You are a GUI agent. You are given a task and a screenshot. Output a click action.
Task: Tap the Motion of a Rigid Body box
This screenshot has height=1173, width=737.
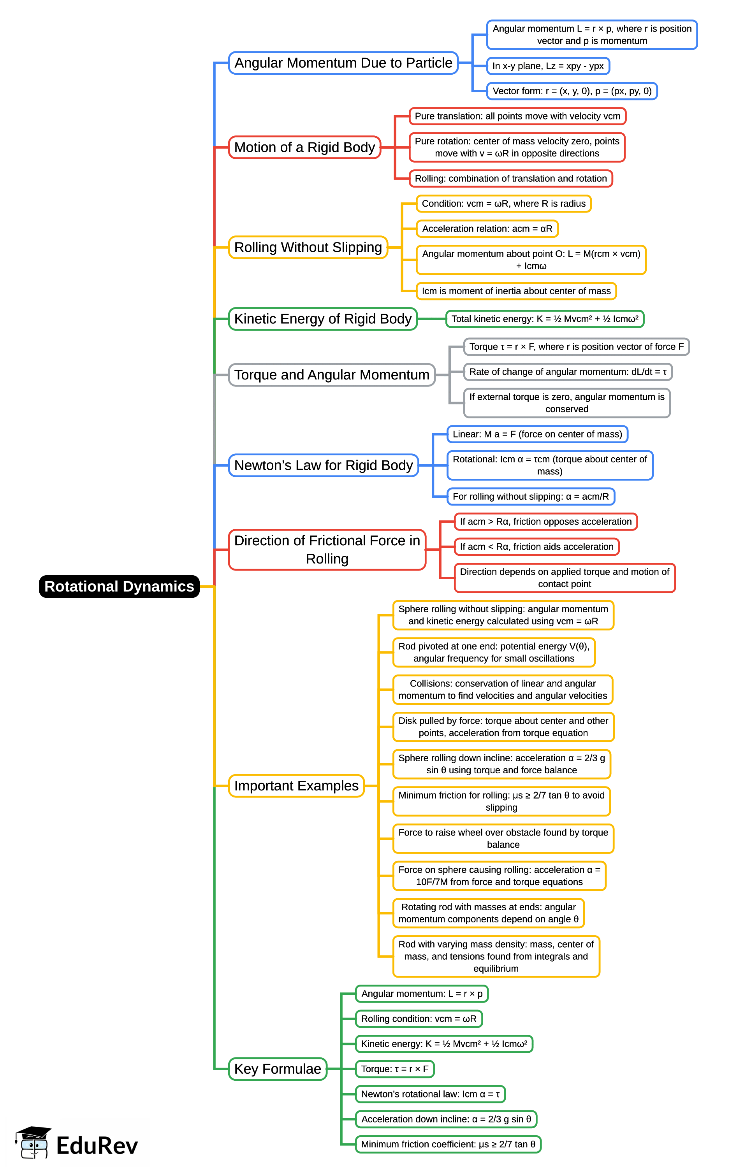(304, 147)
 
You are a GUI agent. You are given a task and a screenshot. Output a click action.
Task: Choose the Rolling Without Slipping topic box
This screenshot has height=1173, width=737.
(308, 247)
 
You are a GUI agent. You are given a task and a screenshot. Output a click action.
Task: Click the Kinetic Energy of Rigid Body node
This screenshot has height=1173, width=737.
(323, 319)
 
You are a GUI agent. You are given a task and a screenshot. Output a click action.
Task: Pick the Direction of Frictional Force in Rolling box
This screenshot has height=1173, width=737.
(327, 550)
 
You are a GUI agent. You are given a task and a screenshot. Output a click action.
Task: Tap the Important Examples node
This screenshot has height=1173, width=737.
(296, 786)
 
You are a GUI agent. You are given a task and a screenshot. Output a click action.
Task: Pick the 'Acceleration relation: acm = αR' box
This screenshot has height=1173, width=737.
(487, 228)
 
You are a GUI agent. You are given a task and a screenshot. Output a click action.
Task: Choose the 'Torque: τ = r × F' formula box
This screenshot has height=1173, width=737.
(394, 1069)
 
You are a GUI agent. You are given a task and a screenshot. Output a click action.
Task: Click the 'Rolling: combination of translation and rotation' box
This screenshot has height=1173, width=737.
(510, 178)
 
